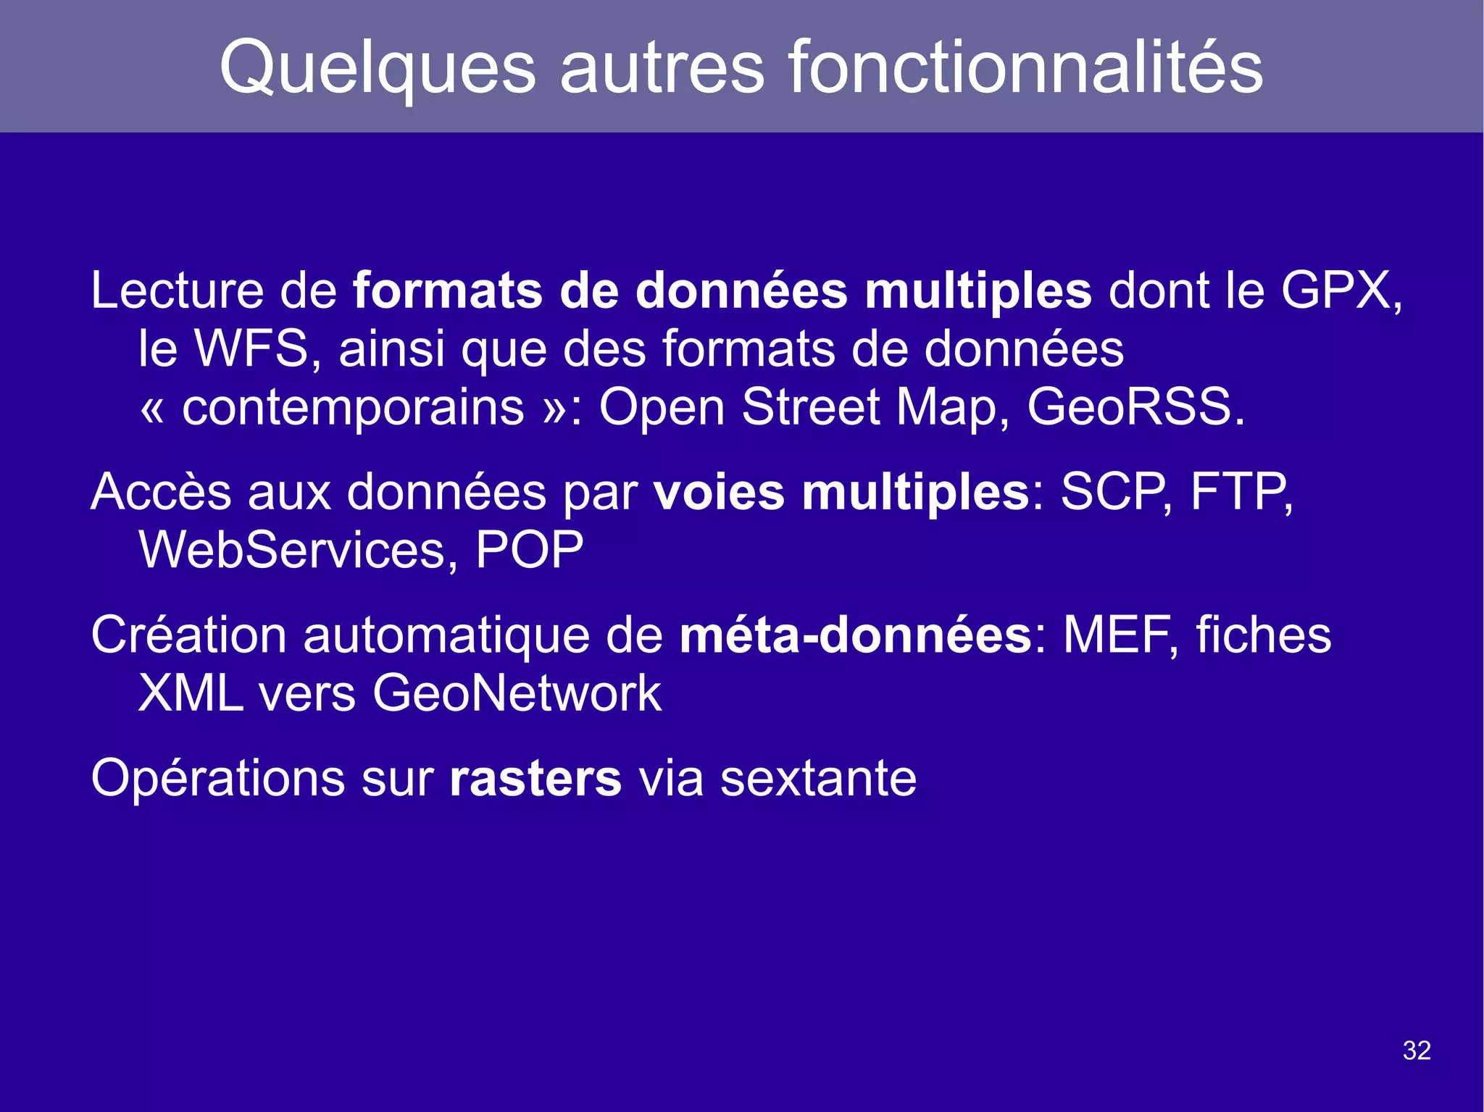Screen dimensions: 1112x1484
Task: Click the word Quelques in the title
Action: point(377,69)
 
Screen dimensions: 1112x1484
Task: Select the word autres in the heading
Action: point(662,69)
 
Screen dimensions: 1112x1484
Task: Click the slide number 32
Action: point(1417,1050)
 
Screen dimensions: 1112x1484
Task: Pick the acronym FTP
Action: point(1238,493)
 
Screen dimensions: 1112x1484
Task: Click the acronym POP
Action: point(529,551)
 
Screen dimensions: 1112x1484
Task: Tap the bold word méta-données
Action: point(855,635)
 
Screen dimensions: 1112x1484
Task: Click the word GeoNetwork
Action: point(517,693)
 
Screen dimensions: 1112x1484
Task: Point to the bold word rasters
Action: point(535,779)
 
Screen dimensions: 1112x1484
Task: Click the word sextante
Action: point(818,779)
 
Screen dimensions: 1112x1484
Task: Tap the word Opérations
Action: point(217,779)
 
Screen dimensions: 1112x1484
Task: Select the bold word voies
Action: point(719,493)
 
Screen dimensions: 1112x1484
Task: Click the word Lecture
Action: point(177,291)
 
